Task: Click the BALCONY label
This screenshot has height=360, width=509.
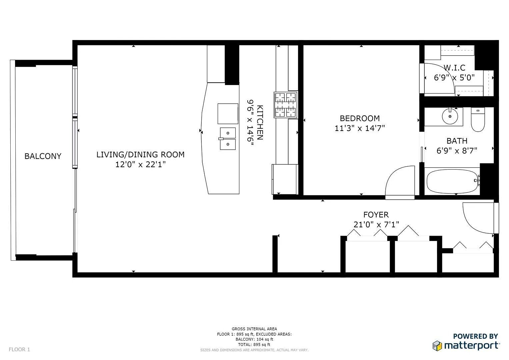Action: point(43,156)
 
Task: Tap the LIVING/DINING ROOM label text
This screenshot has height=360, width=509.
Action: point(140,155)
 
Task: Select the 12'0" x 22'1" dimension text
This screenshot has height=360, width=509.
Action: point(140,164)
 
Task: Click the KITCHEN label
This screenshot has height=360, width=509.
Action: point(260,123)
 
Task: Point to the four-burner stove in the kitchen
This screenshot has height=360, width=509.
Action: point(286,105)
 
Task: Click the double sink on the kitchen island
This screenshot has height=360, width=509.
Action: point(228,139)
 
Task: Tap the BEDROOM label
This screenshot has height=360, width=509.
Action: point(360,118)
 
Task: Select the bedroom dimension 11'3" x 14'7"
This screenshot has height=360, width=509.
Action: point(360,128)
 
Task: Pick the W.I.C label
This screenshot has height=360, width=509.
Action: point(454,68)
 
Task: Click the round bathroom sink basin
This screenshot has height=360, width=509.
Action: point(450,116)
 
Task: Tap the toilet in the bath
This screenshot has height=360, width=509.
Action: point(478,120)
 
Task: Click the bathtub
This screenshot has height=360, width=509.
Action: point(453,181)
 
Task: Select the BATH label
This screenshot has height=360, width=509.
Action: point(457,141)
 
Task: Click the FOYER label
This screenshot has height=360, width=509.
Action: point(376,215)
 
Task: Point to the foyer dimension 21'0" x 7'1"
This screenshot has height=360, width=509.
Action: point(376,225)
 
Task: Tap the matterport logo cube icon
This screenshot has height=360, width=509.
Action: point(437,346)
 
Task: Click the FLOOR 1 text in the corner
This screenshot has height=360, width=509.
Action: point(19,350)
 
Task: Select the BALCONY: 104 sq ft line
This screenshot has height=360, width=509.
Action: point(254,339)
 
